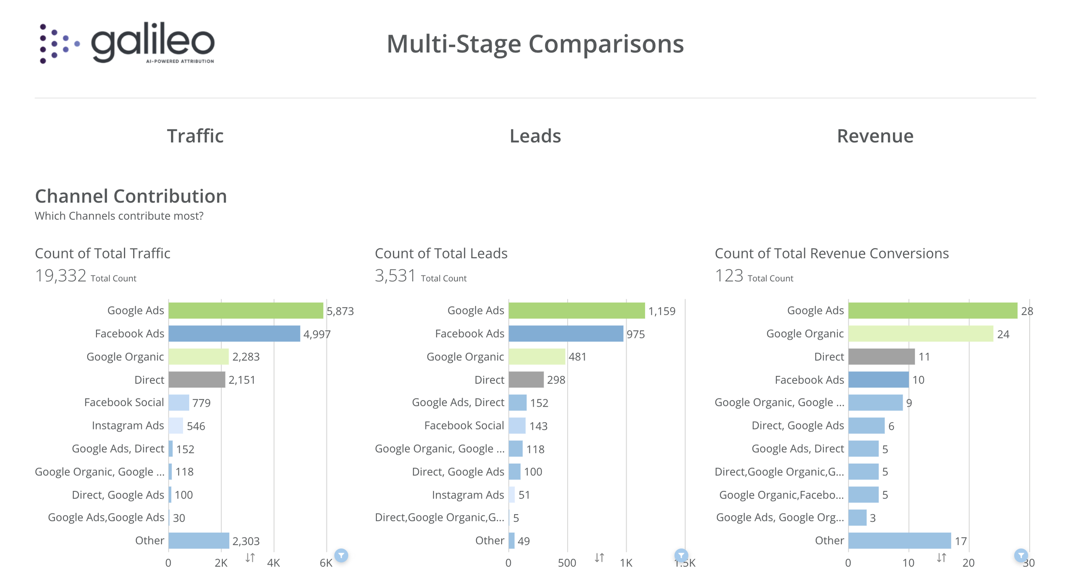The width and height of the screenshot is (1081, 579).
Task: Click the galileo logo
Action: [127, 43]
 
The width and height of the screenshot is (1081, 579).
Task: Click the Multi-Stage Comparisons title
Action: [535, 44]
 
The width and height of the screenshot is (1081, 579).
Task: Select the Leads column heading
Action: [535, 136]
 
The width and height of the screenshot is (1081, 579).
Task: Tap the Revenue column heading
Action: [875, 136]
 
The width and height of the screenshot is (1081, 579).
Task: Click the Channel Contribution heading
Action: [131, 196]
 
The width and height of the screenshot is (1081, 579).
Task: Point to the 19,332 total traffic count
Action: [61, 276]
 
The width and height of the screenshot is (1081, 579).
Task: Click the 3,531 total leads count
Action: [395, 276]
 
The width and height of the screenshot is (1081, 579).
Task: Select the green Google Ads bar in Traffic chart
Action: [246, 311]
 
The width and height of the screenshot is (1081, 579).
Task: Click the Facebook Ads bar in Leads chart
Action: [566, 334]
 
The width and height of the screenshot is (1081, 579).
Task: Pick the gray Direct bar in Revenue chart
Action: [881, 357]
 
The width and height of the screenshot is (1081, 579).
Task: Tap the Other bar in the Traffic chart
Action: [199, 541]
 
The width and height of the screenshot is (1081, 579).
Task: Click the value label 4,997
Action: [317, 334]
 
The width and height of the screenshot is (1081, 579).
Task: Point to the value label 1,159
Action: [662, 311]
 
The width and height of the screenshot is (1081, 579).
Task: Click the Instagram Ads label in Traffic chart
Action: [128, 426]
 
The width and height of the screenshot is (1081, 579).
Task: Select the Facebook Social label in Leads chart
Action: [464, 426]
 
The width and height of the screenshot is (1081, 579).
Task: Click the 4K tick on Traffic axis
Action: [274, 563]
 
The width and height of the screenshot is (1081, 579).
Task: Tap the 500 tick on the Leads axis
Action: [567, 563]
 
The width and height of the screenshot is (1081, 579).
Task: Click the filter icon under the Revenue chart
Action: [1020, 555]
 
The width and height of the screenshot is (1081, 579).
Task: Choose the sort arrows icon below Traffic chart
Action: [250, 558]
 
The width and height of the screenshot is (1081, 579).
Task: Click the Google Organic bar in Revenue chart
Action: [920, 334]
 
